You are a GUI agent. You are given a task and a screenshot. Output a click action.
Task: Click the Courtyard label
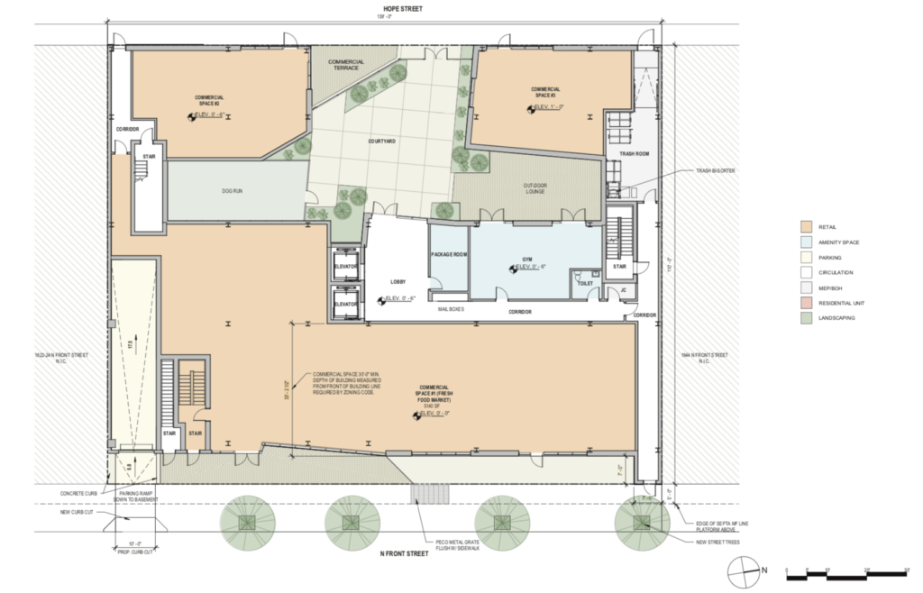pos(382,141)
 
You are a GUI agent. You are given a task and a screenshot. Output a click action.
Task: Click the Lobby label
pos(397,281)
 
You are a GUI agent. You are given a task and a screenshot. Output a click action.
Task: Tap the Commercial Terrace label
pos(345,65)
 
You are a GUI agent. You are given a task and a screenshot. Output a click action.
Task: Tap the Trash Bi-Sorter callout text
pos(716,170)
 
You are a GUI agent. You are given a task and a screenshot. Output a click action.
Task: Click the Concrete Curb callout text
pos(79,493)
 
